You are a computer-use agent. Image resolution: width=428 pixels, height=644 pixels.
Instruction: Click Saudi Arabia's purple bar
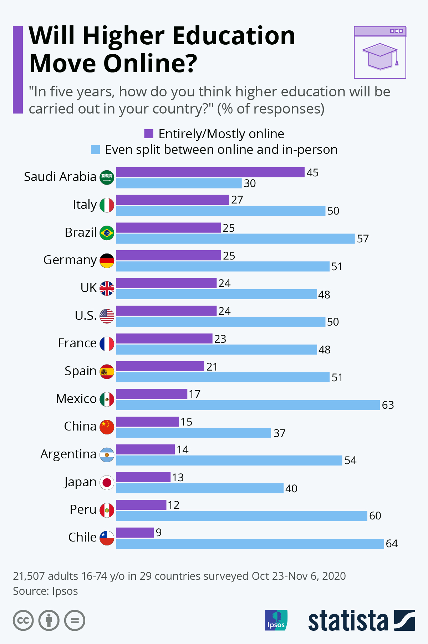pyautogui.click(x=210, y=172)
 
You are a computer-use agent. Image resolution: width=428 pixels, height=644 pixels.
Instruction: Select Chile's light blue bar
pyautogui.click(x=250, y=544)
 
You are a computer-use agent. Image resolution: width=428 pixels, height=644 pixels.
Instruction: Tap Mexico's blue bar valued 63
pyautogui.click(x=248, y=405)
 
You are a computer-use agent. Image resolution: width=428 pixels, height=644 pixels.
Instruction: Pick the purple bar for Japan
pyautogui.click(x=143, y=477)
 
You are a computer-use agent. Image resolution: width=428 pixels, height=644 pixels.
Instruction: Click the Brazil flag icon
pyautogui.click(x=107, y=233)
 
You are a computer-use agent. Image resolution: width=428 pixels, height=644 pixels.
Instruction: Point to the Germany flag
pyautogui.click(x=107, y=261)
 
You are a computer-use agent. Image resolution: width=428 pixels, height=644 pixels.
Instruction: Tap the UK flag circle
pyautogui.click(x=107, y=288)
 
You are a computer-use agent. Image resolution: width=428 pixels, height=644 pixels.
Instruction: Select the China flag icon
pyautogui.click(x=107, y=427)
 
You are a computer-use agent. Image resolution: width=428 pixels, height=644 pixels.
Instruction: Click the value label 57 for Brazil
pyautogui.click(x=363, y=239)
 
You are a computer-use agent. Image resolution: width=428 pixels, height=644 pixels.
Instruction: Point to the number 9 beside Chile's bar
pyautogui.click(x=159, y=533)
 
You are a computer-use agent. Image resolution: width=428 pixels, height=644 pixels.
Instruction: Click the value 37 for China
pyautogui.click(x=279, y=433)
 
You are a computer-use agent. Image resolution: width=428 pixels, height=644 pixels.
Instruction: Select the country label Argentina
pyautogui.click(x=68, y=454)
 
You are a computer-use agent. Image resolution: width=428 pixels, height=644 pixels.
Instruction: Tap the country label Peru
pyautogui.click(x=83, y=509)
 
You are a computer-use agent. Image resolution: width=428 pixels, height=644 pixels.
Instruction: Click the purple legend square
pyautogui.click(x=149, y=134)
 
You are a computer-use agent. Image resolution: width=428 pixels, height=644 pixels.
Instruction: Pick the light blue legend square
pyautogui.click(x=95, y=150)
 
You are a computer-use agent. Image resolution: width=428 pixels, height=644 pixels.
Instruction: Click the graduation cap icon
pyautogui.click(x=380, y=56)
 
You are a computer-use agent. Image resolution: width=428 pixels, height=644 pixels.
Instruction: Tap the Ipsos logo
pyautogui.click(x=276, y=620)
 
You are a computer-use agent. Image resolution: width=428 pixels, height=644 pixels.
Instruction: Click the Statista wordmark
pyautogui.click(x=348, y=621)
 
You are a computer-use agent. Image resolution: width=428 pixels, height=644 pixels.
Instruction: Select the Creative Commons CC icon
pyautogui.click(x=23, y=620)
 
